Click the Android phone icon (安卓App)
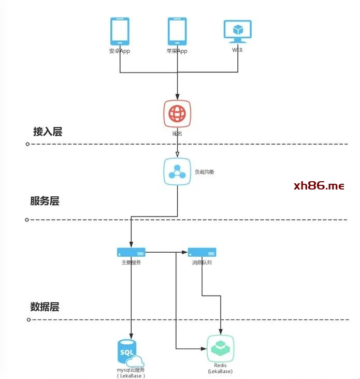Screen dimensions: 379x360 pyautogui.click(x=120, y=31)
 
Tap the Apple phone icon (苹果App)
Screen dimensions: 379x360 pyautogui.click(x=177, y=31)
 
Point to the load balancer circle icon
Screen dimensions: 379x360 pyautogui.click(x=177, y=171)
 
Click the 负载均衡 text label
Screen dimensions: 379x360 pyautogui.click(x=204, y=171)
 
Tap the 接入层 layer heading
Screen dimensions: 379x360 pyautogui.click(x=48, y=132)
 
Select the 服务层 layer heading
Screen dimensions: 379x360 pyautogui.click(x=45, y=201)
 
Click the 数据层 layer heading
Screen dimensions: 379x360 pyautogui.click(x=45, y=307)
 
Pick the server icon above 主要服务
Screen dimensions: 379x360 pyautogui.click(x=131, y=252)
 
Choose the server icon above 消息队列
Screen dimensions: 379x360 pyautogui.click(x=201, y=252)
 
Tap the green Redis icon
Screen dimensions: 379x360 pyautogui.click(x=220, y=349)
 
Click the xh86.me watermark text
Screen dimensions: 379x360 pyautogui.click(x=319, y=186)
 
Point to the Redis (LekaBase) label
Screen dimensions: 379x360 pyautogui.click(x=220, y=368)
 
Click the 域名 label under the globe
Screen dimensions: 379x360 pyautogui.click(x=177, y=134)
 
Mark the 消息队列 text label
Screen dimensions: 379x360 pyautogui.click(x=201, y=263)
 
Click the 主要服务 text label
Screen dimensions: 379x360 pyautogui.click(x=131, y=263)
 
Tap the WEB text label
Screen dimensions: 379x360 pyautogui.click(x=237, y=50)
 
